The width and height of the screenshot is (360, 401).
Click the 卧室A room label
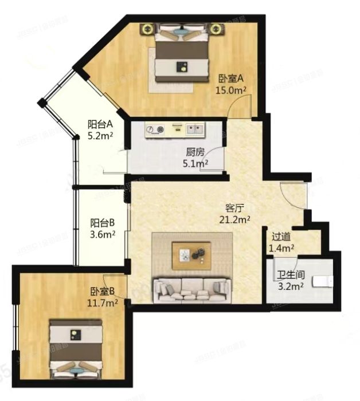(231, 79)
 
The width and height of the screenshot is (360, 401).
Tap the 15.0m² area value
(230, 90)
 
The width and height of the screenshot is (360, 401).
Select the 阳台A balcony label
(100, 124)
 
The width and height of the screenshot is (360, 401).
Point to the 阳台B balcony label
(104, 223)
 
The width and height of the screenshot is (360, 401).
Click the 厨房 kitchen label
(195, 153)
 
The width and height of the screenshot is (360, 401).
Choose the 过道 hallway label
(281, 237)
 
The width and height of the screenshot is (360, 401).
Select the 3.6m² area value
(104, 234)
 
